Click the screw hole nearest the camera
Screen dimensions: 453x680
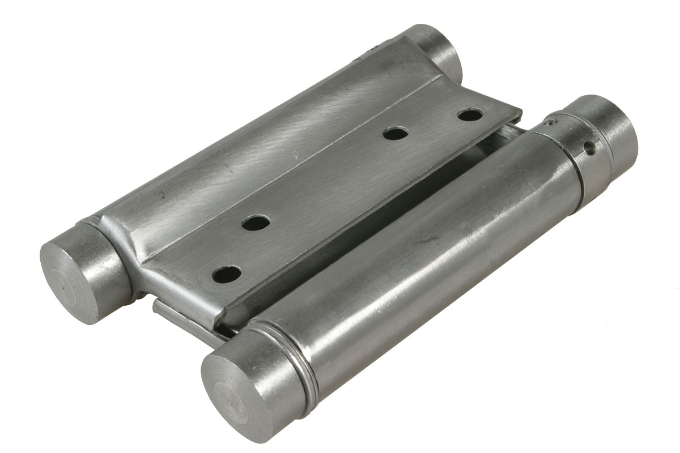[227, 275]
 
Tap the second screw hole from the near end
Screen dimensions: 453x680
[256, 223]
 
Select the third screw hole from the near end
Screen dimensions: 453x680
[396, 134]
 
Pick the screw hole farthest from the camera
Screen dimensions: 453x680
[470, 115]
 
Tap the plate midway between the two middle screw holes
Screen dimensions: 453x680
[326, 178]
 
